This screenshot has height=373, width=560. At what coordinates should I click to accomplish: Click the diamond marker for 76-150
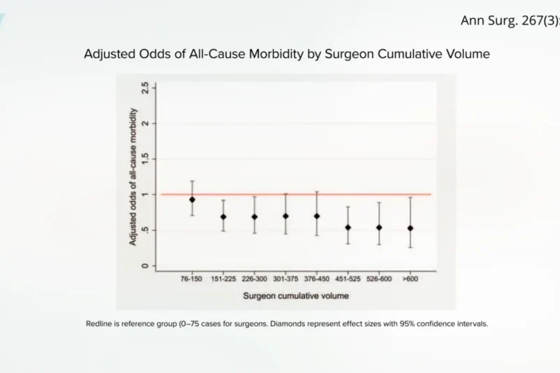point(192,199)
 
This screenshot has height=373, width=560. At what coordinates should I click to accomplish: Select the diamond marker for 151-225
point(223,217)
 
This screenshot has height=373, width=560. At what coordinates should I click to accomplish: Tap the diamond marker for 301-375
point(286,216)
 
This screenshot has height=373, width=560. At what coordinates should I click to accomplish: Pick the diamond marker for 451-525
point(348,227)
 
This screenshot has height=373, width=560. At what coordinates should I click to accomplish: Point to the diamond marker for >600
point(410,228)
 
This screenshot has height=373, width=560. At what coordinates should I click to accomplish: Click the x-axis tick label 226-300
point(254,279)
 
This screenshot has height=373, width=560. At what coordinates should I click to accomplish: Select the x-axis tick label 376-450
point(316,279)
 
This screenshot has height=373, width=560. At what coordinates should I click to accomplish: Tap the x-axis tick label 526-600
point(379,279)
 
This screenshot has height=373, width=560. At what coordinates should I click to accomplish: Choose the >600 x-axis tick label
point(410,279)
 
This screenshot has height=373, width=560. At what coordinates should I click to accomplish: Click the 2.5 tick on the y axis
point(145,87)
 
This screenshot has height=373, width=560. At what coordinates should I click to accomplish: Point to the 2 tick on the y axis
point(145,123)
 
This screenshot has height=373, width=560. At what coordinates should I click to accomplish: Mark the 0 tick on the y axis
point(145,266)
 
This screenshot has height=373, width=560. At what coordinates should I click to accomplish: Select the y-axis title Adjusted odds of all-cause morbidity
point(133,176)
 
